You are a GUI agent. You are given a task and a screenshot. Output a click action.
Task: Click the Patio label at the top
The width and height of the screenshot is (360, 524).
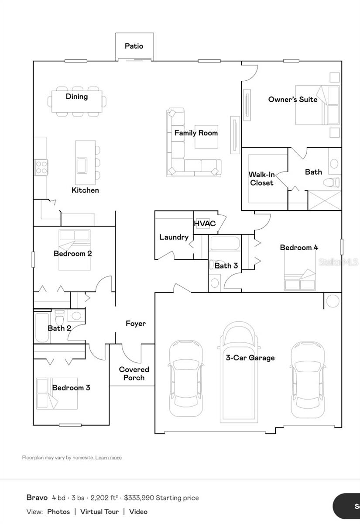tap(134, 46)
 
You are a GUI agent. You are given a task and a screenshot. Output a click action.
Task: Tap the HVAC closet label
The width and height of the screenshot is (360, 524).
tap(205, 224)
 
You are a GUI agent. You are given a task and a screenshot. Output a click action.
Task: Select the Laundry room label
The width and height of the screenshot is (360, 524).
tap(174, 237)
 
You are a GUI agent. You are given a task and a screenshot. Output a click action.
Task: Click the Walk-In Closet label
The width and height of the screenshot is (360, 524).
tap(262, 179)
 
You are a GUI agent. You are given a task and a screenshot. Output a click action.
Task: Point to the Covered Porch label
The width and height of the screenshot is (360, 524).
tap(134, 374)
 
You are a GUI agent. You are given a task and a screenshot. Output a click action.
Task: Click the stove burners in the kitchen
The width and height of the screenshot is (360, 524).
tap(41, 167)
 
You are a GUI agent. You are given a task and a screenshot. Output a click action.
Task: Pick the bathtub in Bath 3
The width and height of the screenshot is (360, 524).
tap(224, 243)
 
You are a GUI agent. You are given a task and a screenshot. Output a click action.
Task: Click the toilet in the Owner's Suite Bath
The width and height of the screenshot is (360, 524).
tap(335, 182)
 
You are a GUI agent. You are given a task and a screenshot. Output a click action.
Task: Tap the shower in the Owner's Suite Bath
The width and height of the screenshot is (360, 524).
tap(325, 200)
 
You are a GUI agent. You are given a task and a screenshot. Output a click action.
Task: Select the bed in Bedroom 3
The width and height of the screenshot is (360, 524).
tap(57, 393)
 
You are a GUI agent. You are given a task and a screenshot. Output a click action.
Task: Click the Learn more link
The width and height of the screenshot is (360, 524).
tap(108, 458)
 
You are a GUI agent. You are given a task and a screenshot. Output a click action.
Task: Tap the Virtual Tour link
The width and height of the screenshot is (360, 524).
tap(99, 511)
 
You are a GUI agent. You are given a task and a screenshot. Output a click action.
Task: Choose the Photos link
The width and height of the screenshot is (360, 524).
tap(58, 511)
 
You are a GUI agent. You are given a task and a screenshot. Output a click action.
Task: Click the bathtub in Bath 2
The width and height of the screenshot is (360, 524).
tap(42, 327)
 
